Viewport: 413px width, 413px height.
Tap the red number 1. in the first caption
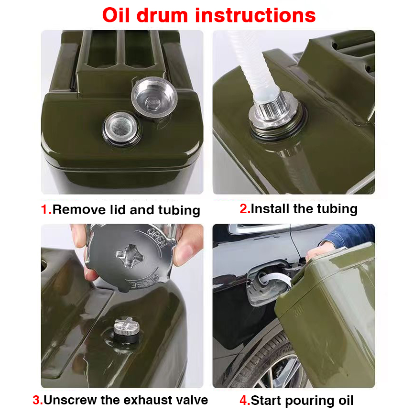coord(46,209)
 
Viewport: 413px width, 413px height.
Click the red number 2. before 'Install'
coord(245,208)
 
